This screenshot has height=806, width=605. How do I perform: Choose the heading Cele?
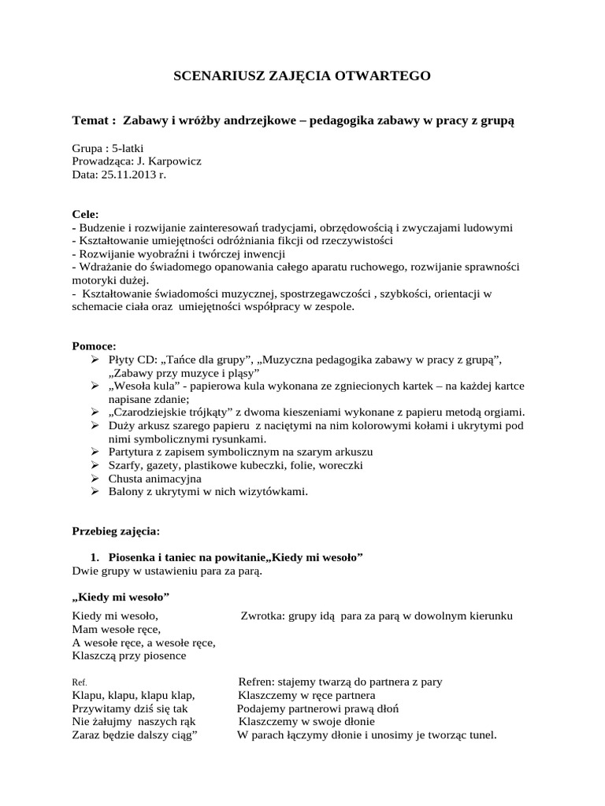click(85, 214)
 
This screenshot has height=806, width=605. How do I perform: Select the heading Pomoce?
click(93, 346)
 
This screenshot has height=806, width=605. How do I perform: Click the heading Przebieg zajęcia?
click(116, 531)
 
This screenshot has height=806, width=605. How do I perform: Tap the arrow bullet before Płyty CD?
click(96, 360)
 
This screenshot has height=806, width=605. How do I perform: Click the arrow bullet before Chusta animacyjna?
click(96, 479)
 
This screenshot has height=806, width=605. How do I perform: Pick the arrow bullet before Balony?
click(96, 492)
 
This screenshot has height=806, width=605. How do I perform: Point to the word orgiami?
click(503, 412)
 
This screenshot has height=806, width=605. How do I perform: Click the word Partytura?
click(135, 452)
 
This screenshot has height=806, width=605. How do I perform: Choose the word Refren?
click(258, 682)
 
